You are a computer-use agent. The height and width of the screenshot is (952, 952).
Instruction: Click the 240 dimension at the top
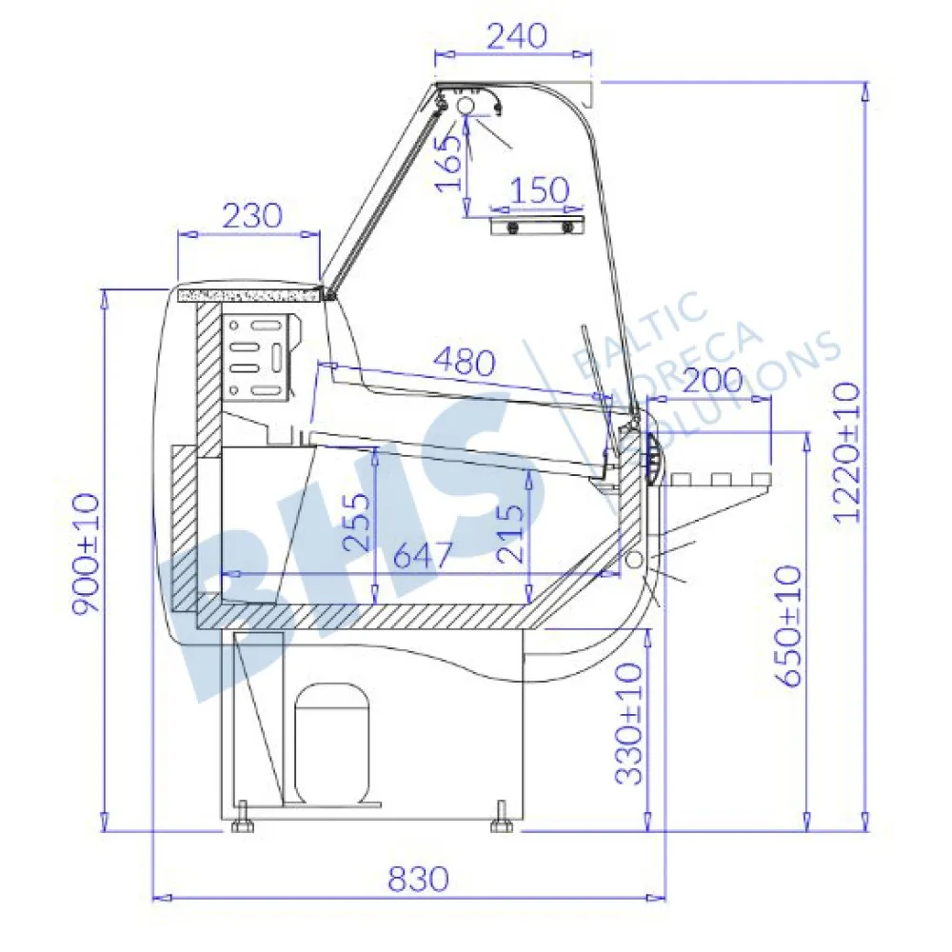(517, 36)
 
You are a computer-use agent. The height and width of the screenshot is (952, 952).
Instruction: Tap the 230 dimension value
(252, 215)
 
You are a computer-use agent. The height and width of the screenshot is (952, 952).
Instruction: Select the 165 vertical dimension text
(450, 162)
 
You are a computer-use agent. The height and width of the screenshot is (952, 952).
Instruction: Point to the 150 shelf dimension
(539, 190)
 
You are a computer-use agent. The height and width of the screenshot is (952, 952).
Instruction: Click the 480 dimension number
(465, 363)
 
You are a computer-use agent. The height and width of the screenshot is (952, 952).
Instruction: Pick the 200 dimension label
(713, 380)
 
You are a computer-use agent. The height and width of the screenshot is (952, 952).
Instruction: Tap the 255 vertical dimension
(356, 522)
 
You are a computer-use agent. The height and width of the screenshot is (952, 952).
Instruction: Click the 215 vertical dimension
(508, 533)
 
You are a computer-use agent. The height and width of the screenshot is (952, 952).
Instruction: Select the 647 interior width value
(424, 554)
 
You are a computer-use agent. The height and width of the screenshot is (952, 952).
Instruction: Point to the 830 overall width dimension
(418, 879)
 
